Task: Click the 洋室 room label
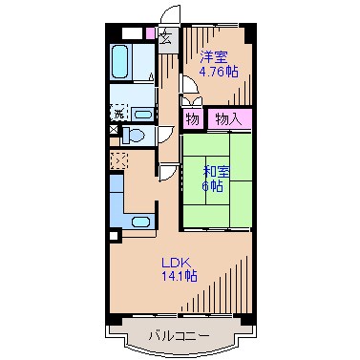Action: (214, 56)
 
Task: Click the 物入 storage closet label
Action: (227, 119)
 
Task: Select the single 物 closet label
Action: (192, 119)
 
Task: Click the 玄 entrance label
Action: (164, 38)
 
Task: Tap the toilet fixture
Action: (138, 136)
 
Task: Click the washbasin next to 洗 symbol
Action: (140, 112)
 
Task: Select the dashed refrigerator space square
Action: (120, 159)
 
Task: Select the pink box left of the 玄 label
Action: (149, 34)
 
